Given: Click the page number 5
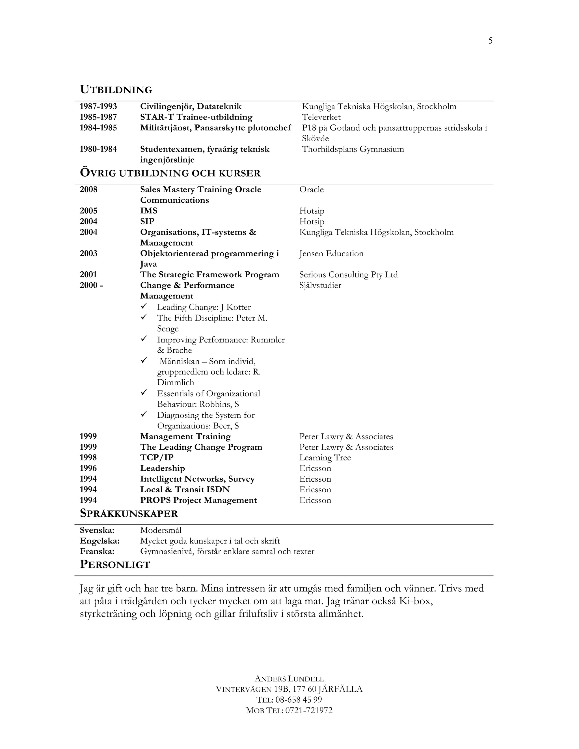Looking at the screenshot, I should (x=490, y=41).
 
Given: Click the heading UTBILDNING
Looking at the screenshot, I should (x=116, y=90).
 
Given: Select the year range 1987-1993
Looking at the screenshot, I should (x=98, y=106).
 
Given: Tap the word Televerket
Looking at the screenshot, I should (x=321, y=117).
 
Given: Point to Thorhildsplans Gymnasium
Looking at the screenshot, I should (x=353, y=149).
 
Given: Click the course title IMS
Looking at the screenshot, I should (x=148, y=211).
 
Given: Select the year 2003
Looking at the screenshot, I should (x=88, y=254).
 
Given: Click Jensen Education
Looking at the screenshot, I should (x=331, y=254).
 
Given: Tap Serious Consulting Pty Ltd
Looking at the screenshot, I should (x=348, y=275).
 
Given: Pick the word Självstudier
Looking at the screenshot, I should (x=320, y=285).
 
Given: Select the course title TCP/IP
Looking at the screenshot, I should (x=157, y=458).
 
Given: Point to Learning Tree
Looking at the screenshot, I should (x=325, y=458).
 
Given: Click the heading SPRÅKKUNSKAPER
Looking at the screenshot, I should (x=129, y=513).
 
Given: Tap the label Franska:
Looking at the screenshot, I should (x=97, y=551).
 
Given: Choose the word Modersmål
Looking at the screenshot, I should (x=161, y=530).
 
